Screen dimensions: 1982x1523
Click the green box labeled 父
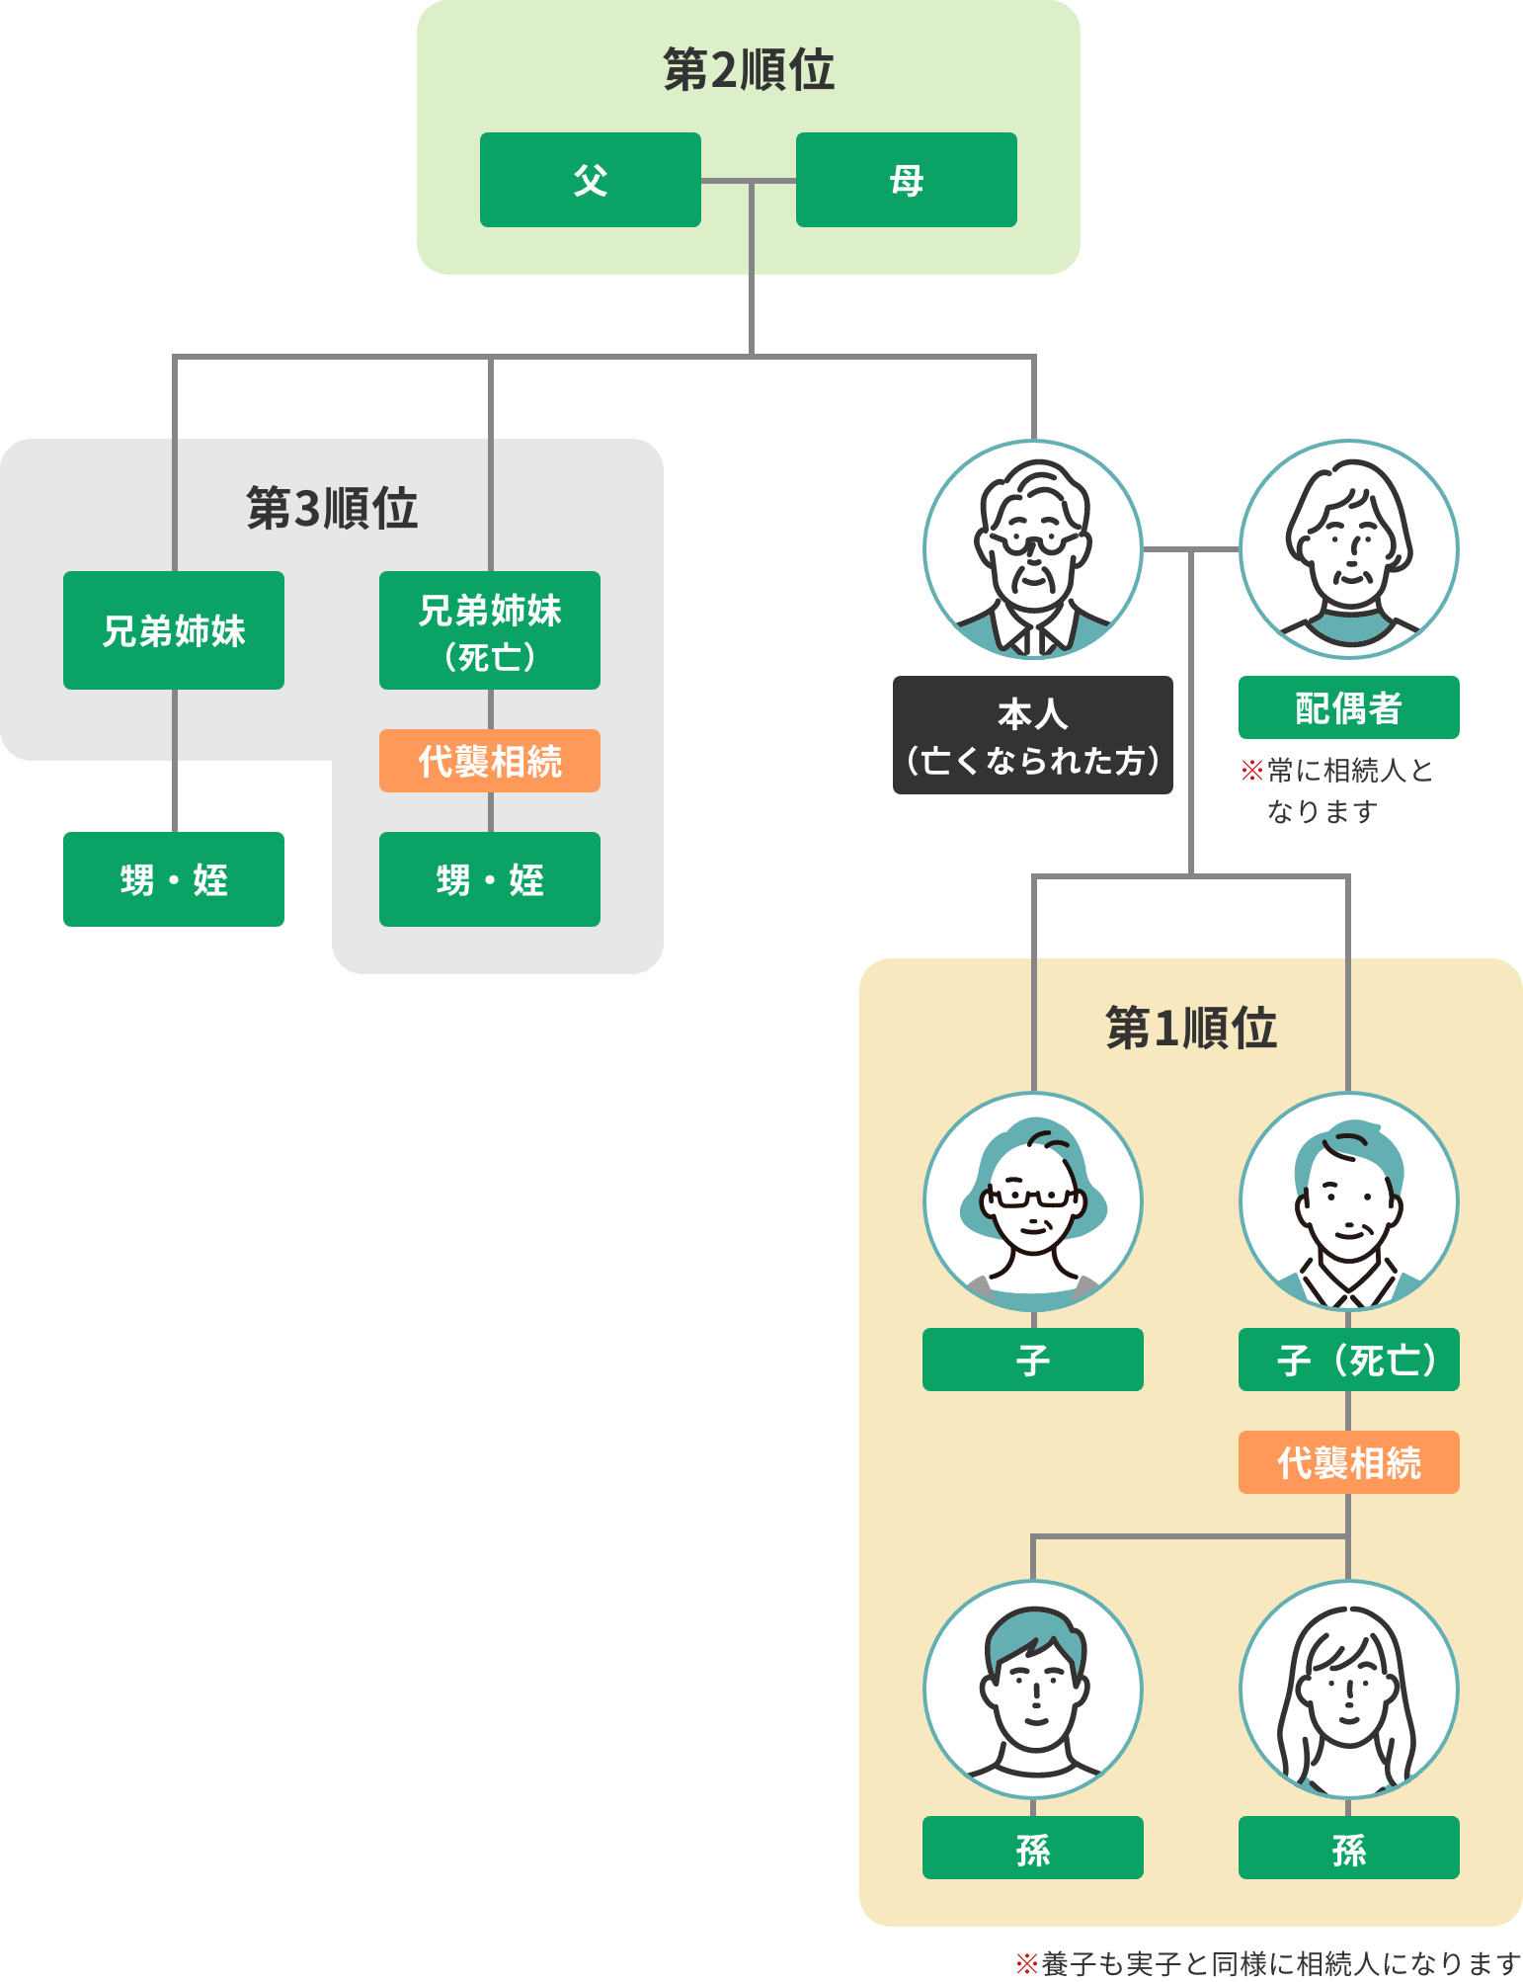pos(590,180)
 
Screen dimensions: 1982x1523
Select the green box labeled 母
pos(906,180)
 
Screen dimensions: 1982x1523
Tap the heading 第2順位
pos(748,70)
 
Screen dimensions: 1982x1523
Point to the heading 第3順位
pos(332,508)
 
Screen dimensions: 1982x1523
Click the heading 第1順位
pos(1190,1028)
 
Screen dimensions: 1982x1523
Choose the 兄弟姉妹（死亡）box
pos(489,630)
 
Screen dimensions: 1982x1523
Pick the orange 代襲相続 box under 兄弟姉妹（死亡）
pos(489,761)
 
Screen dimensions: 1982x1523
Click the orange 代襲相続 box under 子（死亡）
pos(1348,1462)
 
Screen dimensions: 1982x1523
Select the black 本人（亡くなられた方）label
pos(1032,735)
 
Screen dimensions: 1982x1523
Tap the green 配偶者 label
pos(1348,707)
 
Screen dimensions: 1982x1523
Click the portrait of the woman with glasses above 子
pos(1033,1201)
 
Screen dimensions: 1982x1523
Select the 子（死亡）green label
pos(1348,1360)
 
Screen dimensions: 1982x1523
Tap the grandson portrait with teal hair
pos(1033,1688)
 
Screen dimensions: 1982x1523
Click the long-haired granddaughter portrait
pos(1349,1688)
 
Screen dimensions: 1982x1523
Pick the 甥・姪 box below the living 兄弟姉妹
pos(174,879)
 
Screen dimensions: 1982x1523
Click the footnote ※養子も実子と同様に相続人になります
pos(1268,1963)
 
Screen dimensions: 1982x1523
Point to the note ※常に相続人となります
pos(1335,789)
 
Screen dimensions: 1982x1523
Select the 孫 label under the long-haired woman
pos(1348,1848)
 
